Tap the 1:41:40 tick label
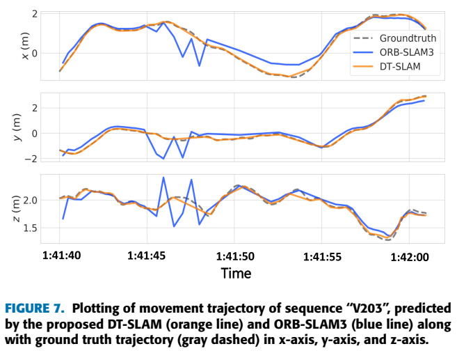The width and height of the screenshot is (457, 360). [x=61, y=256]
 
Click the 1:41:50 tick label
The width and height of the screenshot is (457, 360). [x=236, y=256]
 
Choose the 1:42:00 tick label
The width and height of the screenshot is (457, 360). [x=410, y=256]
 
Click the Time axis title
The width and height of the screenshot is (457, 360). [x=236, y=274]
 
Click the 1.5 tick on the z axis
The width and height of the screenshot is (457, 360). [x=29, y=228]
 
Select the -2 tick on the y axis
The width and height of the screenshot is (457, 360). [x=28, y=159]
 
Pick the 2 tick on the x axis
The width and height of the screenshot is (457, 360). [x=33, y=14]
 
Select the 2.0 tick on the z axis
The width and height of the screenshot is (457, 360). [x=29, y=201]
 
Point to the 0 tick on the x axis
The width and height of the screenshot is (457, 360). [x=33, y=53]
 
